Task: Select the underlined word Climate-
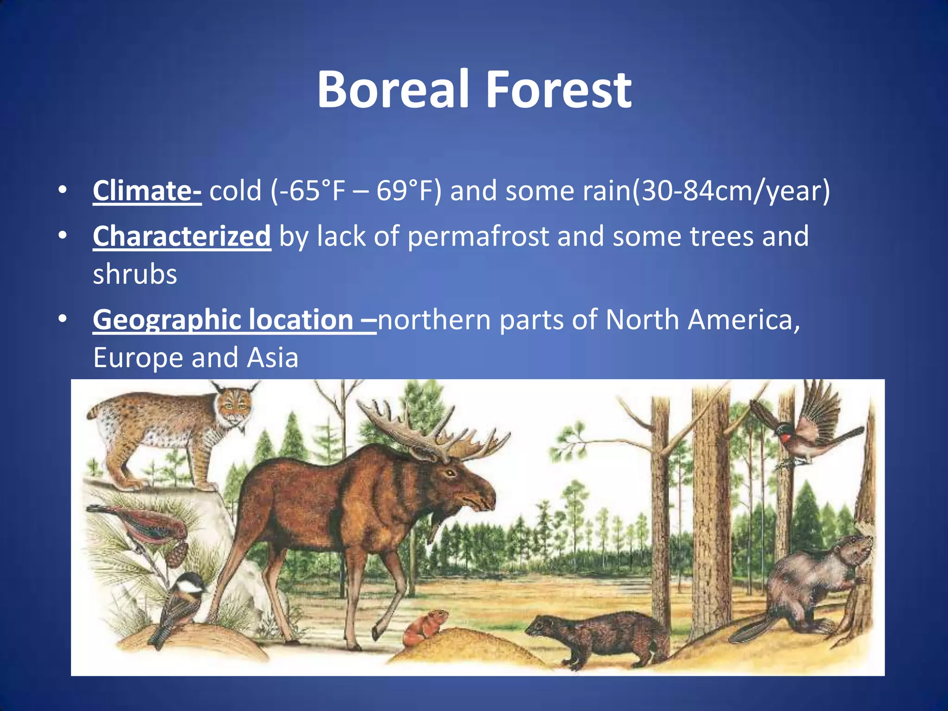147,191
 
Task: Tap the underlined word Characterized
181,236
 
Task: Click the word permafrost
478,236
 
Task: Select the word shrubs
135,274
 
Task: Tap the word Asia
273,357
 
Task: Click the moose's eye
449,473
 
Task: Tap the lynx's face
235,407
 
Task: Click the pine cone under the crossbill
177,553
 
